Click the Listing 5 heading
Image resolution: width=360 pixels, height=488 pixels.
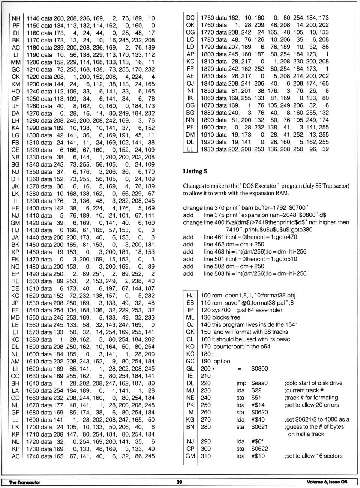[195, 171]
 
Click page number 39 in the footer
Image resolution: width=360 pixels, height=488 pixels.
[179, 482]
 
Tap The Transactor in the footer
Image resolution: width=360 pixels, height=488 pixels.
[24, 482]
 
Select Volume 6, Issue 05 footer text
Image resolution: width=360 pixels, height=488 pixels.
[327, 482]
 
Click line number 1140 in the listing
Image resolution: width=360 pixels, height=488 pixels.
[33, 18]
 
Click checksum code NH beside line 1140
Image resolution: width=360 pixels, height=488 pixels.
[16, 18]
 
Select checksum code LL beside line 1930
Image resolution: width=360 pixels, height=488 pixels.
[190, 149]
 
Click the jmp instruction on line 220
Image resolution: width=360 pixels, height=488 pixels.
[241, 383]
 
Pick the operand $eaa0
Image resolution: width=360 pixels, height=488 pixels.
[259, 383]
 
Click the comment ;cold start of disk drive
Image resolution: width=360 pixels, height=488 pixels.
[313, 383]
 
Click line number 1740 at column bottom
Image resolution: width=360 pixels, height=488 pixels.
[33, 456]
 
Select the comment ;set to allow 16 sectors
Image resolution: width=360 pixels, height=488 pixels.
[313, 456]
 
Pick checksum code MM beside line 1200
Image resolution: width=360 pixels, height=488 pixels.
[16, 62]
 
